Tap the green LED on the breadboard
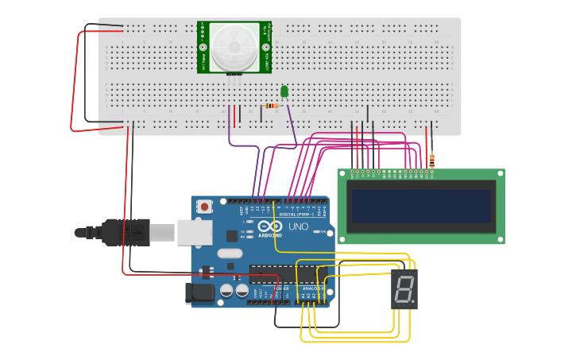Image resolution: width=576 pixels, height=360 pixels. point(284,91)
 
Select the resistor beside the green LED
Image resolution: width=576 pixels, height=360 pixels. point(272,106)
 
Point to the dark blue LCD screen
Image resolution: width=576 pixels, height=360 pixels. point(421,206)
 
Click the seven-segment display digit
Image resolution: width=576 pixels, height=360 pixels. point(404,289)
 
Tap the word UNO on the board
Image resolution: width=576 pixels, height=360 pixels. point(298,227)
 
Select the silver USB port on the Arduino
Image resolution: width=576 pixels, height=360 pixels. point(194,232)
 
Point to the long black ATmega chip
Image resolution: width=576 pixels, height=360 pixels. point(282,275)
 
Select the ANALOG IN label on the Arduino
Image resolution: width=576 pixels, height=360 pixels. point(312,288)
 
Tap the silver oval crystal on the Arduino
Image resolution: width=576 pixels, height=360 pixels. point(228,254)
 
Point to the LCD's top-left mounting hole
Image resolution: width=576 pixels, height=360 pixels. point(342,174)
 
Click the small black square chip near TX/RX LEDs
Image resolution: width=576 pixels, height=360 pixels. point(232,235)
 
